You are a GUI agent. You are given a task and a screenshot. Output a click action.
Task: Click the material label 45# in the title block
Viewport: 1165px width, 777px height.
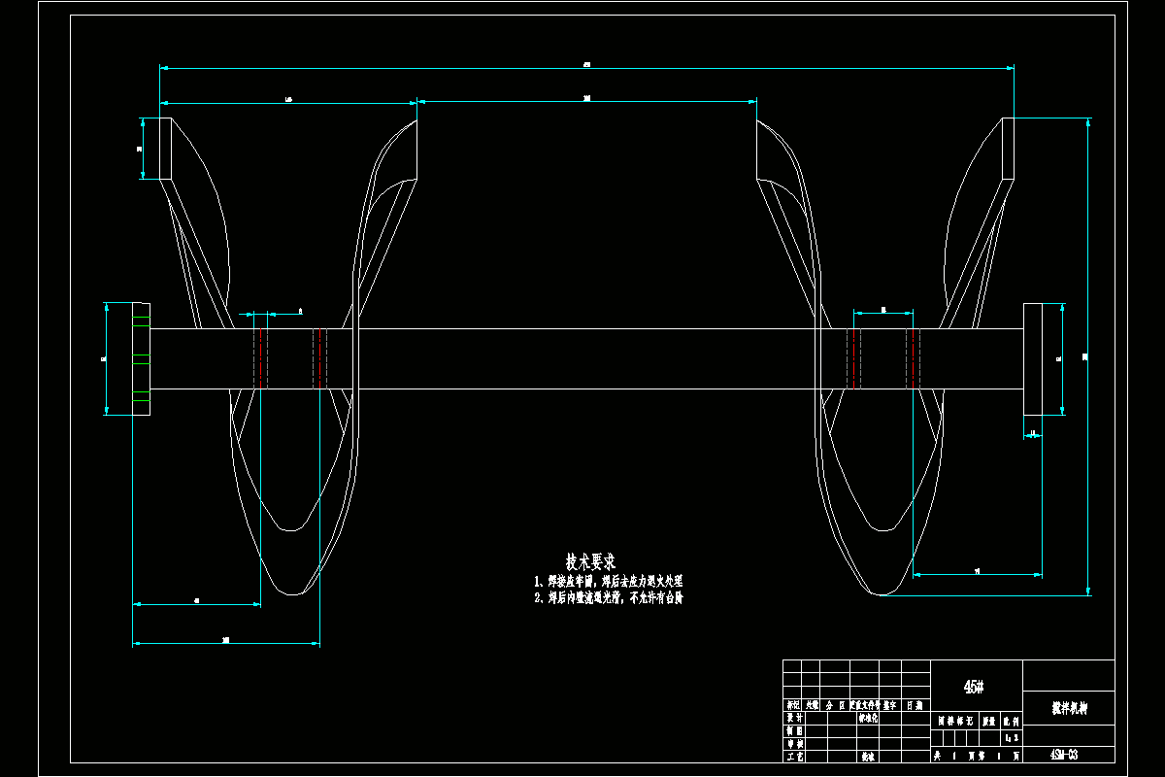pyautogui.click(x=974, y=687)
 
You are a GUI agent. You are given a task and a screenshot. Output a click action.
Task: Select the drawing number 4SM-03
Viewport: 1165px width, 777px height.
pyautogui.click(x=1064, y=755)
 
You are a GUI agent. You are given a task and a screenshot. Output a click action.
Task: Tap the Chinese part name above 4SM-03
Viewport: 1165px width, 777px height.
pyautogui.click(x=1069, y=709)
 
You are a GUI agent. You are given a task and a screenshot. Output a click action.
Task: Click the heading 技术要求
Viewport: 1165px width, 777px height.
pyautogui.click(x=590, y=561)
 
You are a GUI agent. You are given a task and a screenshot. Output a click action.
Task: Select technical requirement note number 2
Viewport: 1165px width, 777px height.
pyautogui.click(x=609, y=598)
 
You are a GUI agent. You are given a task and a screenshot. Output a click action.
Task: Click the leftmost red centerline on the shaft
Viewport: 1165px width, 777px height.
pyautogui.click(x=260, y=358)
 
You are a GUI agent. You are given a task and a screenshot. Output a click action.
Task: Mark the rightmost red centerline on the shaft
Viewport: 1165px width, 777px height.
pyautogui.click(x=913, y=358)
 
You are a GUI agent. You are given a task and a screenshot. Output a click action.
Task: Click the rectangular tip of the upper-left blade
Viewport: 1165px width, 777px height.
pyautogui.click(x=165, y=149)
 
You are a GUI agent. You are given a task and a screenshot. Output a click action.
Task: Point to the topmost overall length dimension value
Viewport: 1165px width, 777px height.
pyautogui.click(x=586, y=64)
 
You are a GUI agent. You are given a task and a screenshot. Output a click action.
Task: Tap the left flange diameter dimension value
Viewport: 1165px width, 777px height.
pyautogui.click(x=104, y=358)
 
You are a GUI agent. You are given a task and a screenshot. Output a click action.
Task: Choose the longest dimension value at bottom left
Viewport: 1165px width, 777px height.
pyautogui.click(x=225, y=640)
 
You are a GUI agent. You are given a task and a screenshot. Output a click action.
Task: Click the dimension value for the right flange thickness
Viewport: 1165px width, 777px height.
pyautogui.click(x=1033, y=432)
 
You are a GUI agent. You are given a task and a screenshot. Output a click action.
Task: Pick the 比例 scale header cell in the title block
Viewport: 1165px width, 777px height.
pyautogui.click(x=1010, y=722)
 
